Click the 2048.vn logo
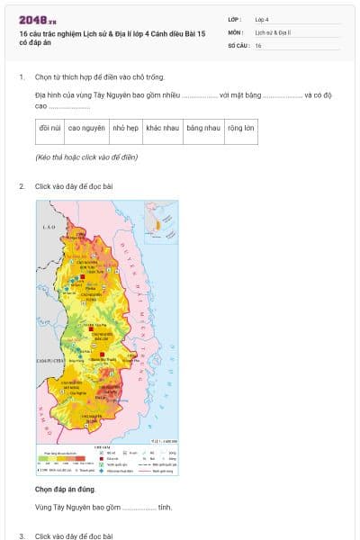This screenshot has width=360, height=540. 38,19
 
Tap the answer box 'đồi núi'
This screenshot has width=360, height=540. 50,129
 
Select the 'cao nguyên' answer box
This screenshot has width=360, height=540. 86,129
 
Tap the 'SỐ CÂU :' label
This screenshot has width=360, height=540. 238,45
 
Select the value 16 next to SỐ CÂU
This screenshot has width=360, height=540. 258,45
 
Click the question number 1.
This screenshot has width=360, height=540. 22,77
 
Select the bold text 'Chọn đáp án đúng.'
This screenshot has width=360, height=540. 65,489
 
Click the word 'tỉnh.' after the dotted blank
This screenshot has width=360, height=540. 165,508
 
